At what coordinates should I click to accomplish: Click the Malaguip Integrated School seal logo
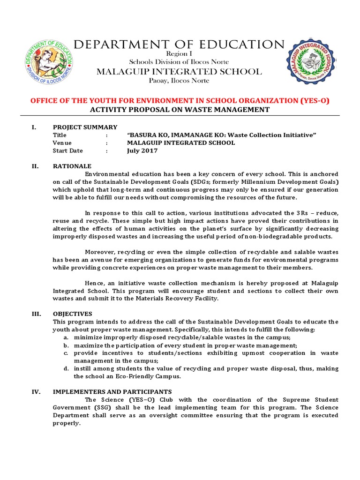click(311, 61)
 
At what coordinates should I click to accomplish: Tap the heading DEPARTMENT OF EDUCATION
click(180, 45)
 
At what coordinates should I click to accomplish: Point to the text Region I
click(180, 54)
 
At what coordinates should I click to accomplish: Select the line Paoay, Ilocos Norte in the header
click(180, 81)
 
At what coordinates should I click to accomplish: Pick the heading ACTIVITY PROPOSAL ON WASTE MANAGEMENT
click(180, 110)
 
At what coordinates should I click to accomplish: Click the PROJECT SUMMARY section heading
click(85, 127)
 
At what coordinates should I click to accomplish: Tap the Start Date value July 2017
click(142, 151)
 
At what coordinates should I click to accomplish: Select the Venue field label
click(62, 143)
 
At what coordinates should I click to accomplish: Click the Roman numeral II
click(34, 166)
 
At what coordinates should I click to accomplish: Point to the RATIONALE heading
click(72, 166)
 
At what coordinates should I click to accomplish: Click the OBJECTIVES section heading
click(73, 314)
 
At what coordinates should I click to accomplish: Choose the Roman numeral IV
click(34, 392)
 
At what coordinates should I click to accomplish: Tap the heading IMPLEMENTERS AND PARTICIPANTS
click(112, 392)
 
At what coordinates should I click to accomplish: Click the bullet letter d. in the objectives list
click(67, 369)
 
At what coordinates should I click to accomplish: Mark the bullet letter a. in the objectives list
click(67, 337)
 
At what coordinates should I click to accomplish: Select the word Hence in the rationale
click(94, 283)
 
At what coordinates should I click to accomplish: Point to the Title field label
click(60, 135)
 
